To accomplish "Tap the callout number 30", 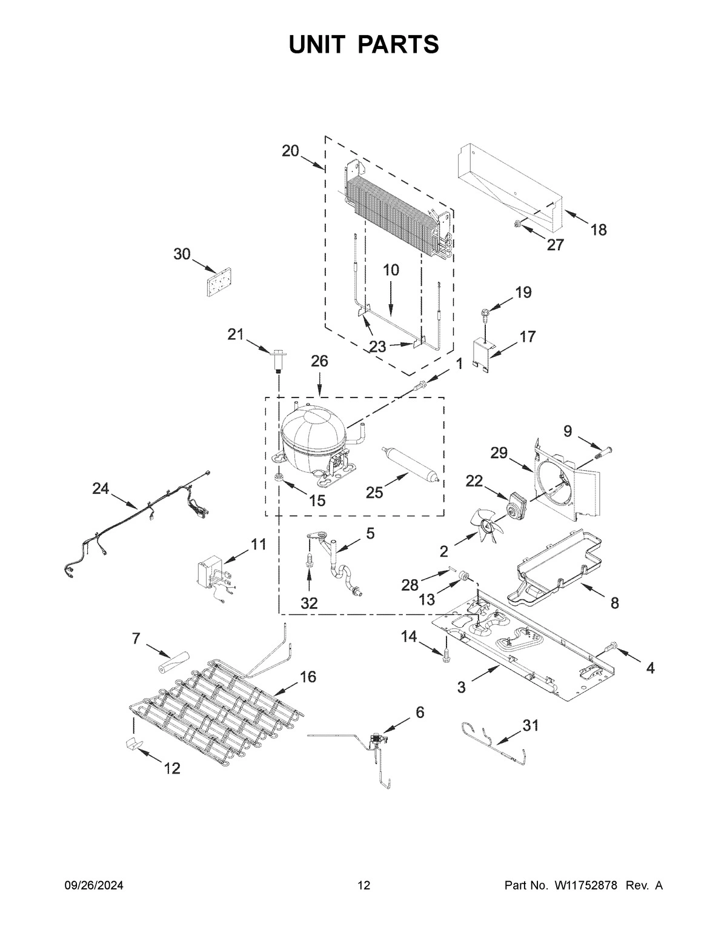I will (x=182, y=254).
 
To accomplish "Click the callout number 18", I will (x=598, y=230).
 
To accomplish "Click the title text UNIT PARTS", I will (x=363, y=45).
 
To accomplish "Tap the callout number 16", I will (x=308, y=677).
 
